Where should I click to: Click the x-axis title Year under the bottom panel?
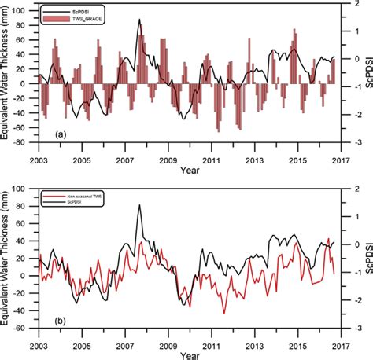pyautogui.click(x=190, y=356)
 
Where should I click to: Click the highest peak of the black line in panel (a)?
pyautogui.click(x=140, y=20)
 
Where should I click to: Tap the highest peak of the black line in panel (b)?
pyautogui.click(x=140, y=206)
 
